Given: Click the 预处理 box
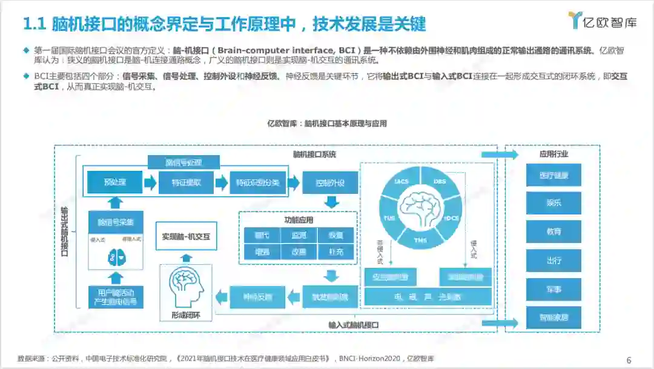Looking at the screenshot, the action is click(x=114, y=182).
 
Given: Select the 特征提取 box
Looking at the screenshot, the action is click(x=187, y=182).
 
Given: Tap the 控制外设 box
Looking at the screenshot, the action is click(x=330, y=182).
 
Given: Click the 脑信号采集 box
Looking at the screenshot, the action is click(x=116, y=222).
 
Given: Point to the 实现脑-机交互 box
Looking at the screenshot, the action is click(x=186, y=236).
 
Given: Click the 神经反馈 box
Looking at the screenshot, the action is click(x=258, y=296).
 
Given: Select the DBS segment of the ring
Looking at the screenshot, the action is click(x=440, y=182).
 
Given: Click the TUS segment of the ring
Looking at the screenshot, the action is click(x=389, y=218).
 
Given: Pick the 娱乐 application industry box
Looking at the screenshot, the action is click(x=553, y=203).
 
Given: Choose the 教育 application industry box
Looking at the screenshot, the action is click(x=553, y=231).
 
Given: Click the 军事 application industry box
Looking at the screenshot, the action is click(x=553, y=289).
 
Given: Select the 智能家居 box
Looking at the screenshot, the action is click(x=553, y=317).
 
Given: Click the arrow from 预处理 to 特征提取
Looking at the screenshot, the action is click(x=150, y=182).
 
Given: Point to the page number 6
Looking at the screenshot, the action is click(x=629, y=360).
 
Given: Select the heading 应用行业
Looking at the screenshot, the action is click(x=553, y=154).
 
